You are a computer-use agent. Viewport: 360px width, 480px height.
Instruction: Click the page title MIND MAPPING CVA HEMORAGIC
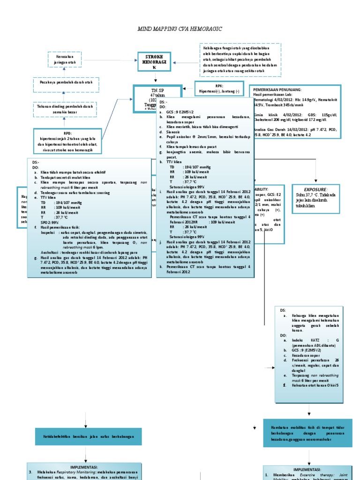pos(180,29)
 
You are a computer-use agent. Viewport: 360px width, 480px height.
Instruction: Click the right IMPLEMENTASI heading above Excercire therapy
pos(307,469)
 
